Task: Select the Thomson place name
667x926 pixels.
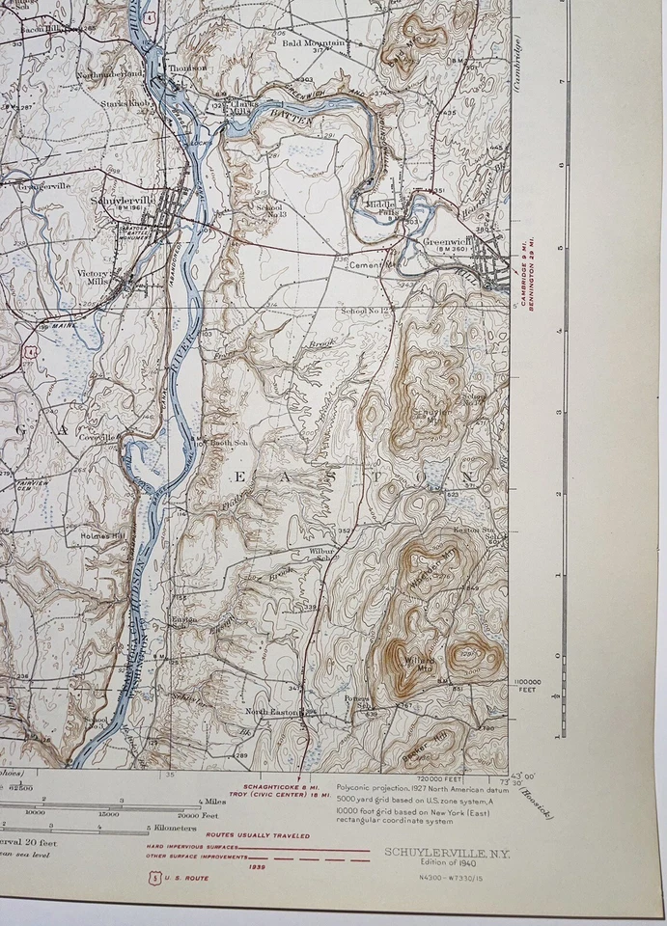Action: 187,68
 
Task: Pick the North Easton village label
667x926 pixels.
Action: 271,712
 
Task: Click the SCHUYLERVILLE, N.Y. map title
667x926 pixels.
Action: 447,853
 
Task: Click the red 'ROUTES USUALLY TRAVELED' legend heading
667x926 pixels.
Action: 258,835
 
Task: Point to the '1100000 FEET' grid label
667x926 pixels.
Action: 529,684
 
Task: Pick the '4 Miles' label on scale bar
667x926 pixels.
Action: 212,801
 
